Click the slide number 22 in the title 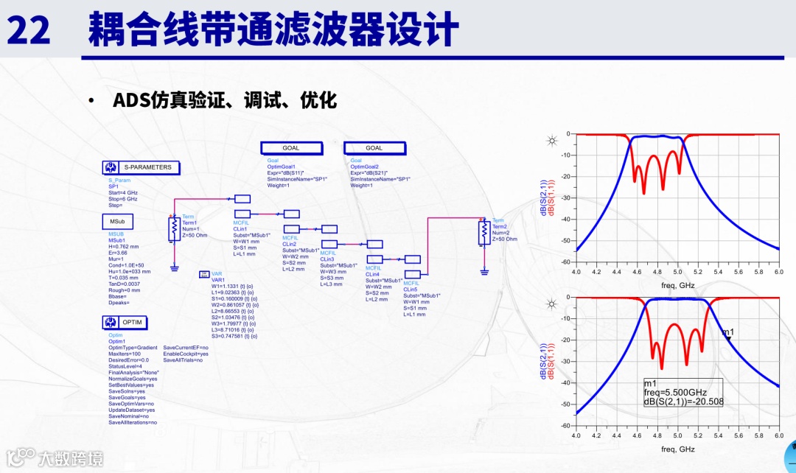[29, 30]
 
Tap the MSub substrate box [117, 221]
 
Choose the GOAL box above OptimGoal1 [291, 148]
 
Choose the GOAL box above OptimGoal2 [374, 148]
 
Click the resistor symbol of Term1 [175, 225]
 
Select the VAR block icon [205, 275]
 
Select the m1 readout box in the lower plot [682, 393]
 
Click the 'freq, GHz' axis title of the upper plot [677, 284]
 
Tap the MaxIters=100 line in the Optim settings [125, 354]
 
